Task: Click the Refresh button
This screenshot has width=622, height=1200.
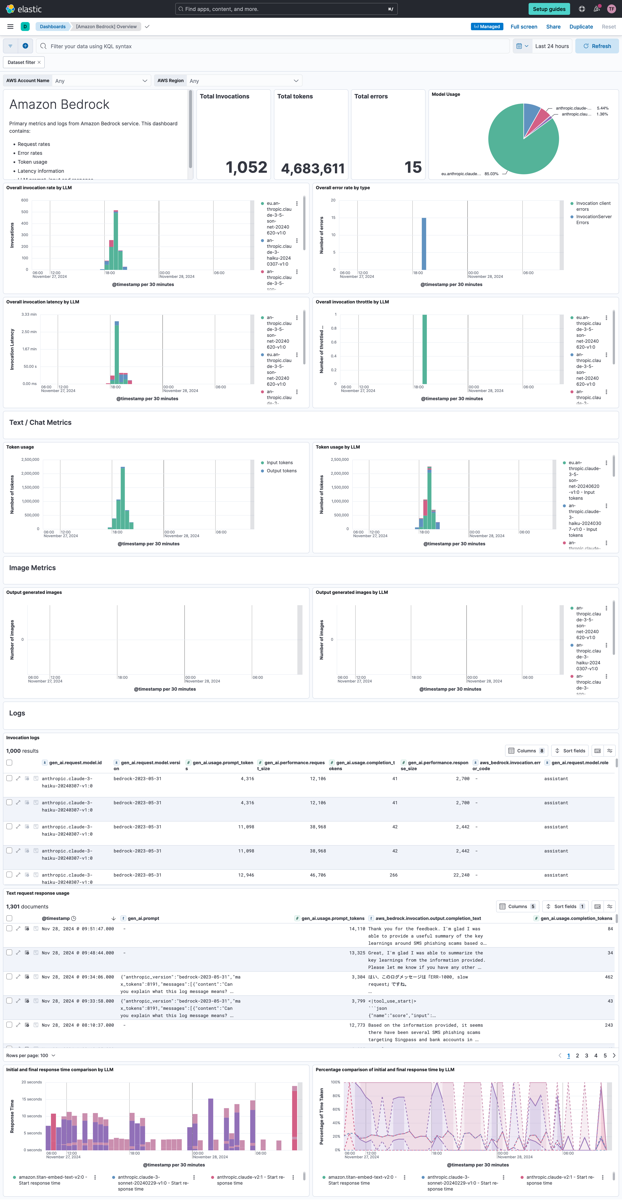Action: click(597, 46)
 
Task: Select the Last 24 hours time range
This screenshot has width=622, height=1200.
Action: click(552, 46)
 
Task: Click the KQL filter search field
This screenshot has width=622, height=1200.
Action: click(275, 46)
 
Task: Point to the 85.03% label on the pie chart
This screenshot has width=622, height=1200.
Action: click(491, 174)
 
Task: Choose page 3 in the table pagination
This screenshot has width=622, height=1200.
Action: click(586, 1056)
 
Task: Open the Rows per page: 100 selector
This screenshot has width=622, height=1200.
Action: click(31, 1056)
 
